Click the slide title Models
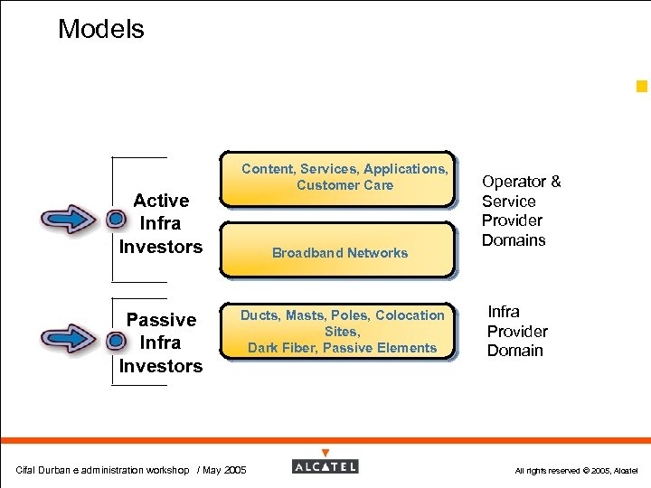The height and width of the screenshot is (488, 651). pos(100,29)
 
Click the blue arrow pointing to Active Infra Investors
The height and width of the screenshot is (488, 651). pos(69,220)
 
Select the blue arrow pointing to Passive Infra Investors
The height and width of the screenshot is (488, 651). pos(69,340)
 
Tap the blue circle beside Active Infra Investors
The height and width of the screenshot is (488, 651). pos(116,220)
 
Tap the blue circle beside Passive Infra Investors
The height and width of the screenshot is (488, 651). pos(116,341)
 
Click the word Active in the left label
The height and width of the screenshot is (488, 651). pos(161,201)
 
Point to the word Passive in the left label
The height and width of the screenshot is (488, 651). pos(161,320)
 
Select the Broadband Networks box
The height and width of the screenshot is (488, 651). pos(339,252)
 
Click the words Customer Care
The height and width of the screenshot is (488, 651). pos(344,185)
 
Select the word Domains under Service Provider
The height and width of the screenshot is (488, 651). pos(514,240)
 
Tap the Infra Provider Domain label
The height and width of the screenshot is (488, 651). pos(516,331)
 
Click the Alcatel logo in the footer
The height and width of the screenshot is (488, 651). pos(325,466)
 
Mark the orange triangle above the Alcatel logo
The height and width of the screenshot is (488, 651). pos(325,453)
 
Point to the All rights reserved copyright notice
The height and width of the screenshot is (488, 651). pos(576,471)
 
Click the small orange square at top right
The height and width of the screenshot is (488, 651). pos(642,87)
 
